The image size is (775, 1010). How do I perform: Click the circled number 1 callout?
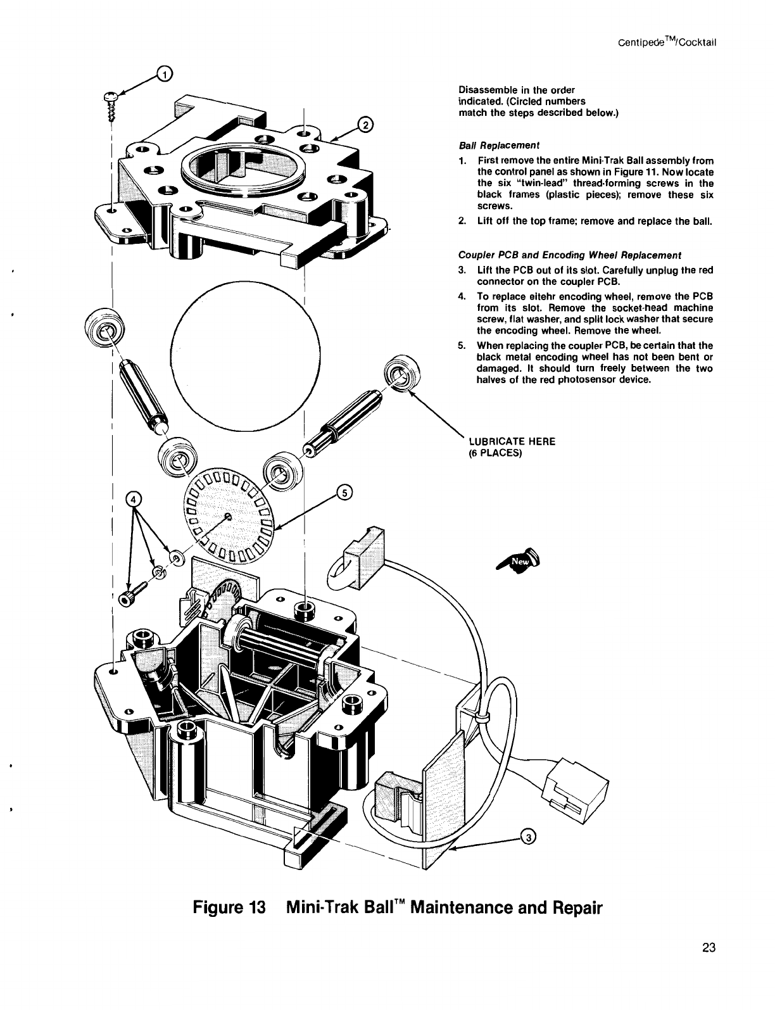point(164,75)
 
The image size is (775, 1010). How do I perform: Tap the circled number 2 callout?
point(365,125)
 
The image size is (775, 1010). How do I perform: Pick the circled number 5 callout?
point(344,492)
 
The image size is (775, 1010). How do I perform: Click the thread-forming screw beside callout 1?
point(112,105)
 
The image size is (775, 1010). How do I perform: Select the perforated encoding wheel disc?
point(230,516)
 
